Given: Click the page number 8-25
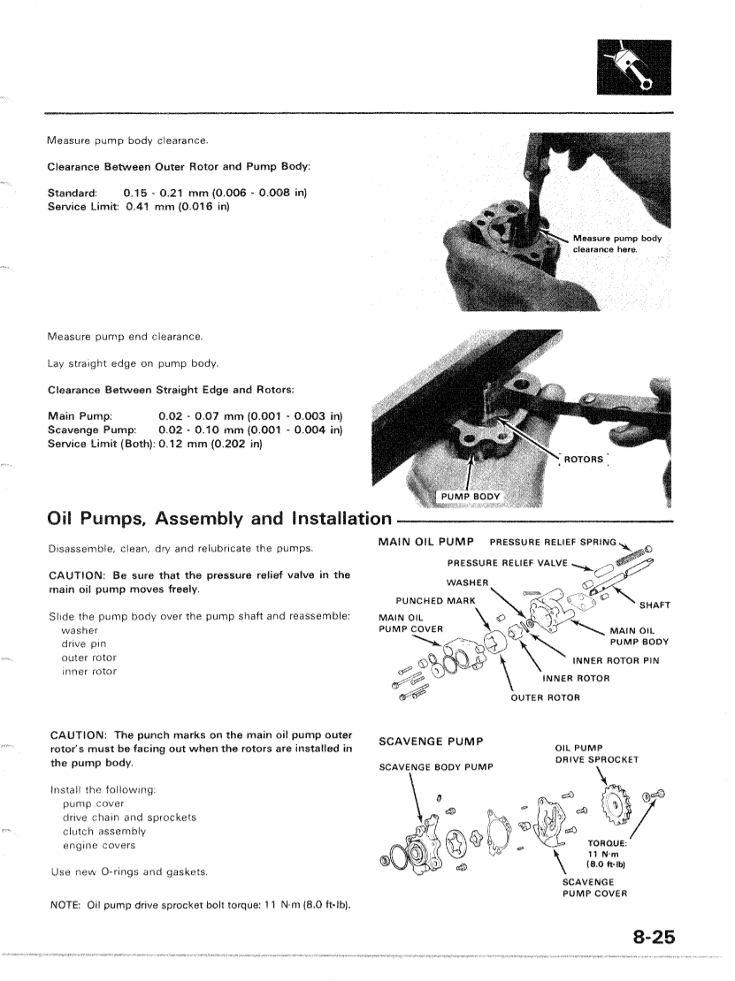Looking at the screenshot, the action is pyautogui.click(x=655, y=937).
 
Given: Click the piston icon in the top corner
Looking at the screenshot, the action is pyautogui.click(x=634, y=67).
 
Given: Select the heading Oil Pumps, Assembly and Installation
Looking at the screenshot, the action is pyautogui.click(x=219, y=519).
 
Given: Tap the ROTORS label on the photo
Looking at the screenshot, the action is pyautogui.click(x=584, y=460).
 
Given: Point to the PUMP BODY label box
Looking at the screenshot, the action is pyautogui.click(x=471, y=497).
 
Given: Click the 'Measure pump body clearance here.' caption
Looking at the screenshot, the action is pyautogui.click(x=617, y=243).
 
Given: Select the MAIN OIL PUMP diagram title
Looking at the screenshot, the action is pyautogui.click(x=426, y=542).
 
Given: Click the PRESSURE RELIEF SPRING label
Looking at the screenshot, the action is pyautogui.click(x=553, y=542).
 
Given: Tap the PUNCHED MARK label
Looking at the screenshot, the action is pyautogui.click(x=436, y=601).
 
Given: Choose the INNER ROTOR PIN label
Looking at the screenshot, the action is pyautogui.click(x=616, y=661).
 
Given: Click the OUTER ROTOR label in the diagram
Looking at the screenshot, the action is pyautogui.click(x=546, y=697).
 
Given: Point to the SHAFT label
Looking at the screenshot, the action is pyautogui.click(x=655, y=605).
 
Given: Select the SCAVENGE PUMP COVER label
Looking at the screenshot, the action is pyautogui.click(x=594, y=888).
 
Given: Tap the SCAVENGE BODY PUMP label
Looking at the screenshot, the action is pyautogui.click(x=436, y=767).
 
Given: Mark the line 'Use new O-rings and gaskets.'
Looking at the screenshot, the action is pyautogui.click(x=129, y=872).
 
